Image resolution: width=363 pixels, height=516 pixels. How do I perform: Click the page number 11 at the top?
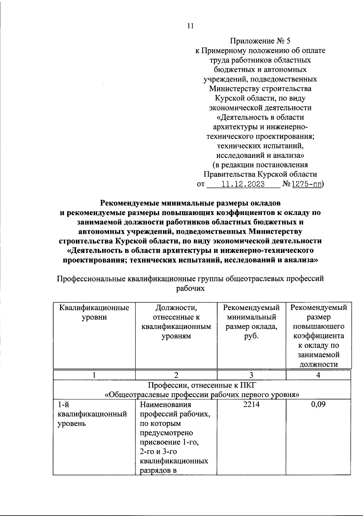[x=190, y=26]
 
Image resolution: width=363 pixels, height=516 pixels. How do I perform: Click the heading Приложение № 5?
[x=260, y=41]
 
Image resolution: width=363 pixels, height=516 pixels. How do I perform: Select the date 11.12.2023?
[x=243, y=184]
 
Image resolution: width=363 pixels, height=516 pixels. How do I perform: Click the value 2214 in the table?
[x=251, y=404]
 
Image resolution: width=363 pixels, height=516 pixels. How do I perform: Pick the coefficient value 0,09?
[x=318, y=404]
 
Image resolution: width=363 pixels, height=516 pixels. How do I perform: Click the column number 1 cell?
[x=94, y=375]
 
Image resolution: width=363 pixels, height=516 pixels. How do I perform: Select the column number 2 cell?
[x=176, y=375]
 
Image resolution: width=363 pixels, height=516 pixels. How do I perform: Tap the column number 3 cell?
[x=251, y=375]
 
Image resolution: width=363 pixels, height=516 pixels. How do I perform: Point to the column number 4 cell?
[x=318, y=375]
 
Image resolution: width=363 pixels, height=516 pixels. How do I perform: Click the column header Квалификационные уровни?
[x=94, y=313]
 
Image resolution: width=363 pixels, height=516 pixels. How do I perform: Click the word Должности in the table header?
[x=176, y=308]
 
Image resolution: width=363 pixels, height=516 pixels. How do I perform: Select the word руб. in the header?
[x=251, y=336]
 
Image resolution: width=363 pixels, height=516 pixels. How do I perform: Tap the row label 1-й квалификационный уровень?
[x=92, y=414]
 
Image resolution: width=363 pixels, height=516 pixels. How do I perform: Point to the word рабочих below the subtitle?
[x=190, y=288]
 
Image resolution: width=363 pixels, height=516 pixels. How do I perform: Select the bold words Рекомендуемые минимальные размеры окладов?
[x=190, y=202]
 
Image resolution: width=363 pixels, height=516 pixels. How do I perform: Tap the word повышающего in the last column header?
[x=318, y=327]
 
